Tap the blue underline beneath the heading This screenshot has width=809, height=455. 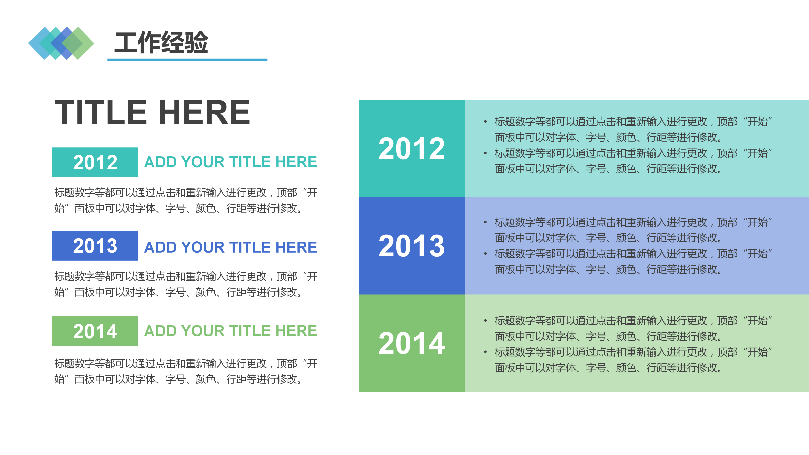coord(187,60)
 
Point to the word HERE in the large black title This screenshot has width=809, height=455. coord(204,112)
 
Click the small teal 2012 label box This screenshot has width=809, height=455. coord(95,162)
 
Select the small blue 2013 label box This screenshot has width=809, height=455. coord(95,246)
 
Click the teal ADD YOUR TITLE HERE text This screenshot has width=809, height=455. coord(230,162)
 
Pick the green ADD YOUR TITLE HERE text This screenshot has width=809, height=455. coord(230,331)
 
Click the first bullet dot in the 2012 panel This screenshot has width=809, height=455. coord(486,122)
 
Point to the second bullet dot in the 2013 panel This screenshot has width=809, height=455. coord(486,254)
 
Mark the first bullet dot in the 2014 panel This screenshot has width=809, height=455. coord(486,321)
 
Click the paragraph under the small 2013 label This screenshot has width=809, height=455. coord(186,284)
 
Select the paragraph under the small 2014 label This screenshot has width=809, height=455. coord(186,371)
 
